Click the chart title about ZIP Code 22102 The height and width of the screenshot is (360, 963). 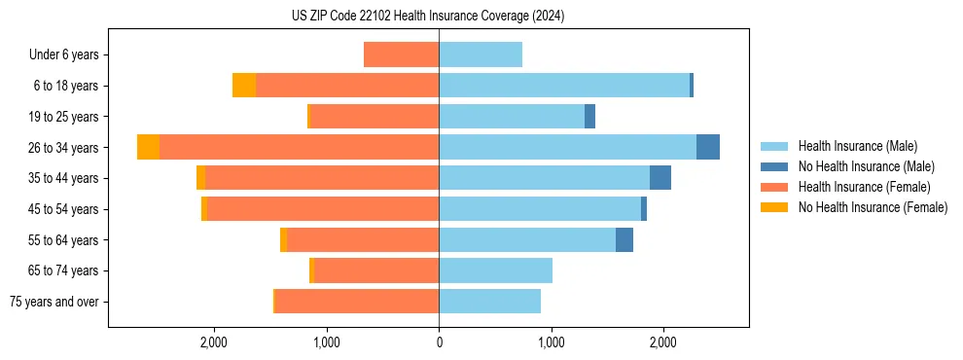click(427, 17)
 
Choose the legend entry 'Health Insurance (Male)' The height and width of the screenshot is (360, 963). click(857, 146)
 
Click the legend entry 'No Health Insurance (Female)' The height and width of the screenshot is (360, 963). click(873, 207)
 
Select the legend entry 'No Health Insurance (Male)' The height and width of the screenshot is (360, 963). click(866, 166)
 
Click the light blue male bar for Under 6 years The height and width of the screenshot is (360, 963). click(481, 54)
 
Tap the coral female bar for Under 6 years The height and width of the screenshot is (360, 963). click(401, 54)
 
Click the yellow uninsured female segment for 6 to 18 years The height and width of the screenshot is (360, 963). click(244, 86)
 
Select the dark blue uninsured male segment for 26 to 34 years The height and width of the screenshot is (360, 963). click(708, 147)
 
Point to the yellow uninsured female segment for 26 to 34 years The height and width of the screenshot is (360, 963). click(148, 147)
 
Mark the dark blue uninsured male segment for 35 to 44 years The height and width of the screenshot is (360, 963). click(660, 178)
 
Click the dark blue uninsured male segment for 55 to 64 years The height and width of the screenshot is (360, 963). click(624, 239)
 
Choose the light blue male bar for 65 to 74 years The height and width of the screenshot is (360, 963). click(495, 270)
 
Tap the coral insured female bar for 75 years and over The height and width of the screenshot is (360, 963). click(357, 302)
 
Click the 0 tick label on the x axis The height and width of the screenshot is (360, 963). click(439, 342)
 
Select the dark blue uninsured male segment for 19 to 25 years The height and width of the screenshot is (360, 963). click(589, 117)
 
